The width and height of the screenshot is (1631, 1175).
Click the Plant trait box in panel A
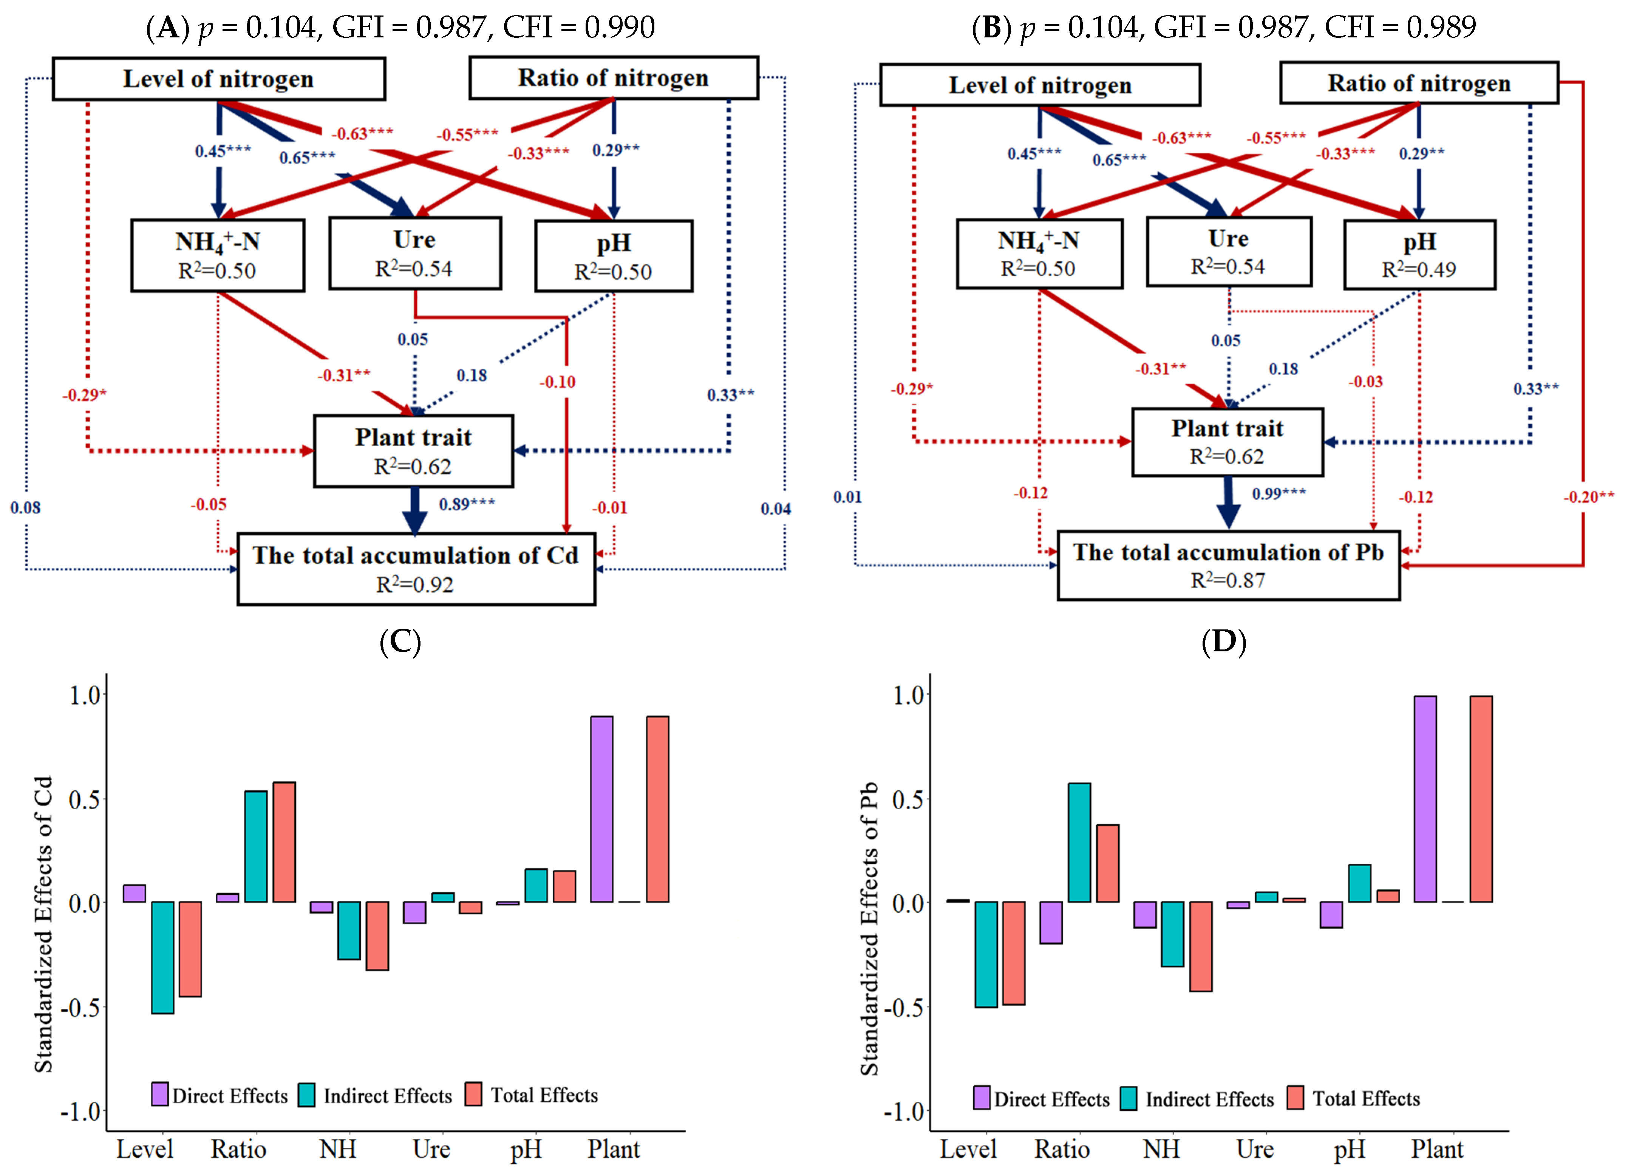tap(413, 451)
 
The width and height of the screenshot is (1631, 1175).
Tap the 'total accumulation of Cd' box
tap(416, 569)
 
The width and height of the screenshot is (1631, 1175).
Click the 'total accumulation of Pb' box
tap(1228, 565)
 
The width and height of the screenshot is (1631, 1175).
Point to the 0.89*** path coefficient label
tap(467, 504)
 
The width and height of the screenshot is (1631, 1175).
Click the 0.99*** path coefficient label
tap(1279, 493)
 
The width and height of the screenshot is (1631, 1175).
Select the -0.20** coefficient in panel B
tap(1588, 497)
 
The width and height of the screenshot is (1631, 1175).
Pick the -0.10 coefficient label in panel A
tap(557, 382)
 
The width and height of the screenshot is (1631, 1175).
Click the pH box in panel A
tap(614, 256)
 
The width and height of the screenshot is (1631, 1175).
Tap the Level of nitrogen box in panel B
tap(1040, 85)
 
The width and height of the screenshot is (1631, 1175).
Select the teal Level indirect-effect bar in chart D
tap(986, 954)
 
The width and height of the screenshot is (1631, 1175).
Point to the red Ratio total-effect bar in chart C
tap(284, 842)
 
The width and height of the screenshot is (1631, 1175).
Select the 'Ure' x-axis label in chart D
tap(1255, 1149)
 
